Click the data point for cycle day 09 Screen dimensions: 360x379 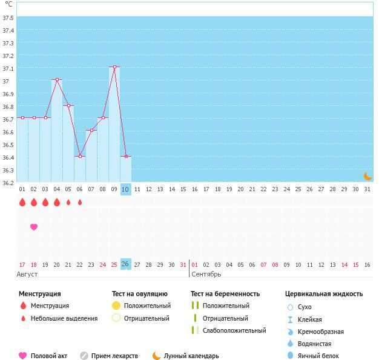114,67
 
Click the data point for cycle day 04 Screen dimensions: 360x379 57,80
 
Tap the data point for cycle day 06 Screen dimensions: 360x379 80,156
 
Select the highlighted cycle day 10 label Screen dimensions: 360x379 126,189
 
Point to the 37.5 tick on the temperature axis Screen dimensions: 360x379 8,18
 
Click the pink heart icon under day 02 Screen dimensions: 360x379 34,227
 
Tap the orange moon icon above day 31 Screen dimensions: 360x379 367,176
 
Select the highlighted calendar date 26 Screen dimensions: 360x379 125,264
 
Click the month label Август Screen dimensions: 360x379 27,275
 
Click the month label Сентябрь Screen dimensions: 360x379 206,275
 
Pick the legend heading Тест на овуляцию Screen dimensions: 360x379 139,294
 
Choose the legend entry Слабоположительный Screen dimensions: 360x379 235,330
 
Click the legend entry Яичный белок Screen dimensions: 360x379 318,356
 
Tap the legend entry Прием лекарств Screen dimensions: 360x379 114,356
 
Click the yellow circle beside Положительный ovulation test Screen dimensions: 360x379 116,306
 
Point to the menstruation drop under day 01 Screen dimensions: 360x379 22,203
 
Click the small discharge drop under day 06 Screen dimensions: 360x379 80,203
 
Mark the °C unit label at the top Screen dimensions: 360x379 8,4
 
